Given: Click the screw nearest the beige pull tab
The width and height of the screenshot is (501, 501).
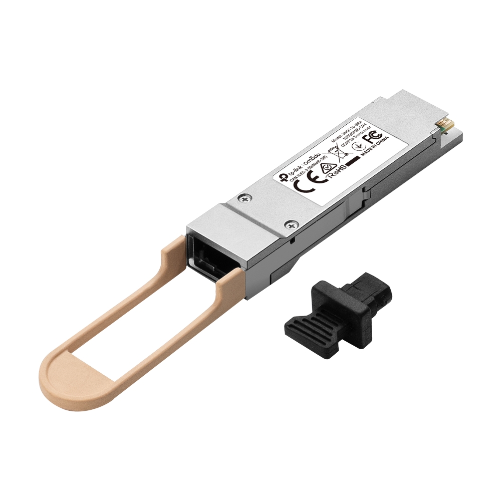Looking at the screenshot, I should (x=289, y=226).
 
